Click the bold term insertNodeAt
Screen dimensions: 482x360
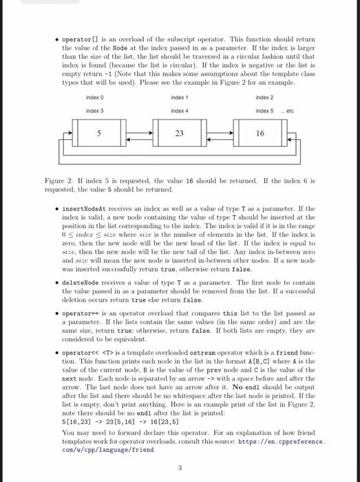[x=81, y=208]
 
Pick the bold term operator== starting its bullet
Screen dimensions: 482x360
[x=78, y=313]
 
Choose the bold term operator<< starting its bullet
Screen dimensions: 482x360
[x=78, y=353]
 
